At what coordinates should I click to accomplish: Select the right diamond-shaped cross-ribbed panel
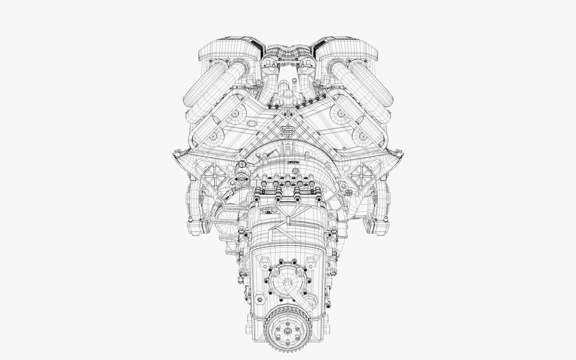coord(363,176)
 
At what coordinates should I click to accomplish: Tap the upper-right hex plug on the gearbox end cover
coord(314,261)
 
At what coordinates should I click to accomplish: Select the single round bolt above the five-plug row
coord(295,171)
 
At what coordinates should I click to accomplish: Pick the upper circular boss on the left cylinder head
coord(235,113)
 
